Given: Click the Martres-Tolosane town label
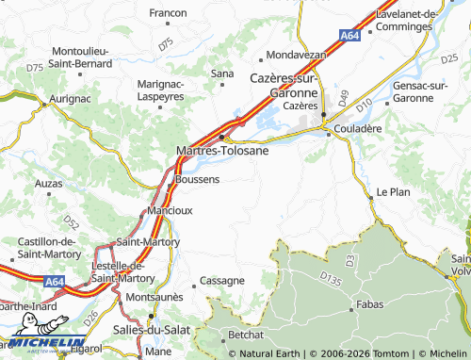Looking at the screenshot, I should pyautogui.click(x=222, y=150).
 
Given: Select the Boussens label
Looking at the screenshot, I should pyautogui.click(x=197, y=178).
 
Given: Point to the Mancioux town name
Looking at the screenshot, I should pyautogui.click(x=171, y=210).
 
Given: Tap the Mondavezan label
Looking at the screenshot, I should pyautogui.click(x=296, y=55).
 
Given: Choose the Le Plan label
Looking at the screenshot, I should pyautogui.click(x=393, y=191).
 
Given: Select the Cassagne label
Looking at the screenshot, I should pyautogui.click(x=223, y=281).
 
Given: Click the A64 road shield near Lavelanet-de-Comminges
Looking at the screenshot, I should pyautogui.click(x=349, y=35).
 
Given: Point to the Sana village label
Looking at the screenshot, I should pyautogui.click(x=222, y=73).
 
